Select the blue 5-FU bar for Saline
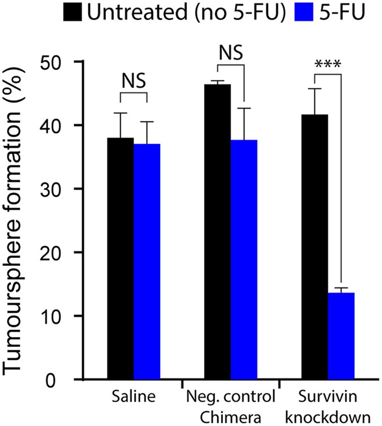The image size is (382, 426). pos(147,261)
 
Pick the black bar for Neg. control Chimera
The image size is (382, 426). pos(218,231)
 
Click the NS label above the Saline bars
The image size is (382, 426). pos(134,82)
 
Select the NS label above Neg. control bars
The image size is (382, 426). pos(231,53)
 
